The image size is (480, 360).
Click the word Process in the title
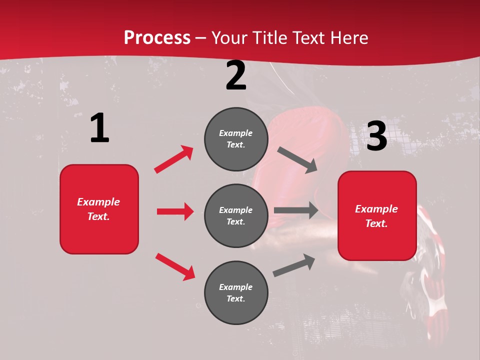(x=157, y=37)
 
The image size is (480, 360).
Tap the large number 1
(x=99, y=128)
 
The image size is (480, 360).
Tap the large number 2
(x=236, y=75)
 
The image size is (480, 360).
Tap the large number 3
(x=376, y=136)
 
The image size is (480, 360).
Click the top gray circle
(x=236, y=139)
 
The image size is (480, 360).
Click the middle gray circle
(x=236, y=215)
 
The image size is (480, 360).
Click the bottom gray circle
(x=236, y=292)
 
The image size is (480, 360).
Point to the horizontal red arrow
(x=175, y=211)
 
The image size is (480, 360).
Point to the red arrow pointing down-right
(x=175, y=266)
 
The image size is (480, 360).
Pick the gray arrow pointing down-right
(x=297, y=160)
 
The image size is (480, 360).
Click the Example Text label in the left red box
(x=98, y=208)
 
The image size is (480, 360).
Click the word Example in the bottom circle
(x=236, y=287)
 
